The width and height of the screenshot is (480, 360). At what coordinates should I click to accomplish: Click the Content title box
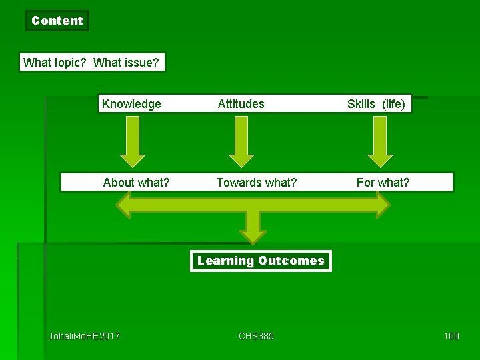57,21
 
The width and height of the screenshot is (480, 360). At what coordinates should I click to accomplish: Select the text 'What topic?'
55,63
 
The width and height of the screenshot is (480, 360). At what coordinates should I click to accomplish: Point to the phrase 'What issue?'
126,63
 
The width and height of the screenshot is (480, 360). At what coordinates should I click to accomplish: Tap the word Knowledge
131,104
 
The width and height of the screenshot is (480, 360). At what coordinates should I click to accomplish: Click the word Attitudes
241,104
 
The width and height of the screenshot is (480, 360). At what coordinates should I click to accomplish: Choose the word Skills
361,104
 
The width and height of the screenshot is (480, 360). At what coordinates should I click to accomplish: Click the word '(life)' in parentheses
393,104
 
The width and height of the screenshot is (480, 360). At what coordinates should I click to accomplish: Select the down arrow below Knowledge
133,141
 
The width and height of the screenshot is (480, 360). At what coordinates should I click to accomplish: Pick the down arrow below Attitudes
241,141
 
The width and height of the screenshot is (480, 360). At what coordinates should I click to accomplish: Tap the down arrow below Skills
380,141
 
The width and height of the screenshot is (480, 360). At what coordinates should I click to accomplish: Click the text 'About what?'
136,183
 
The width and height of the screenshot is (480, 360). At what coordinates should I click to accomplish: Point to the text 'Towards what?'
257,183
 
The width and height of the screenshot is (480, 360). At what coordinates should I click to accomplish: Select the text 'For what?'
383,183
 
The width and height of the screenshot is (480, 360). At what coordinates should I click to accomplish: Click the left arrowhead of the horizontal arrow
125,205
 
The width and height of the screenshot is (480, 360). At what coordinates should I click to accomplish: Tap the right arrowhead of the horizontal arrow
381,205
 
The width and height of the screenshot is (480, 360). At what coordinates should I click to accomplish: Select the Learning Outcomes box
261,261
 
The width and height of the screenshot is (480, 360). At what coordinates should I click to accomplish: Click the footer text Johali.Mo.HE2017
84,336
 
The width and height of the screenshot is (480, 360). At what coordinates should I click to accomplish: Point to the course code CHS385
256,336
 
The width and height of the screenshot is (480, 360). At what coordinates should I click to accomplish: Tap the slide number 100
451,336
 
